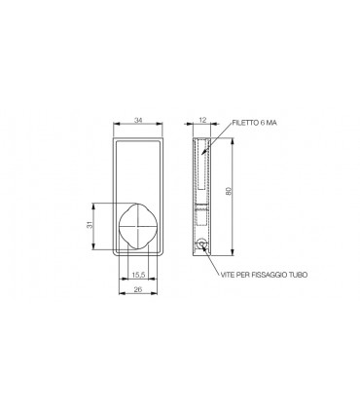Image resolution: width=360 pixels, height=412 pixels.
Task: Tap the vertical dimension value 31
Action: (x=89, y=226)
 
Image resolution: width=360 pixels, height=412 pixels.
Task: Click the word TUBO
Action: (x=300, y=278)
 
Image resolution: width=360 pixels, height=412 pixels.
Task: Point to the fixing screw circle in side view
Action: (x=200, y=245)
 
